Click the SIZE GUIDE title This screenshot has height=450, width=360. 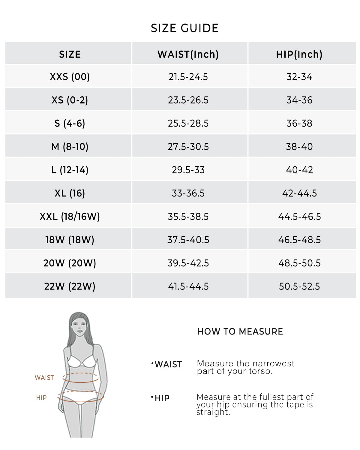pos(184,28)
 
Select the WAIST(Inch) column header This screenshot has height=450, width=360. pos(188,54)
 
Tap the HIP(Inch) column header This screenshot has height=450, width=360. pos(299,54)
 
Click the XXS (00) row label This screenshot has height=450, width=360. pos(70,77)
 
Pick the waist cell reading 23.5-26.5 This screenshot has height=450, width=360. pos(188,100)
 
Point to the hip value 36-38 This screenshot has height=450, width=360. pos(299,123)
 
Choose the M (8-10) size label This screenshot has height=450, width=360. pos(70,147)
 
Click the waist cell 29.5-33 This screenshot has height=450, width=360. pos(188,170)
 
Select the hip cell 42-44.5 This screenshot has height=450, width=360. pos(299,193)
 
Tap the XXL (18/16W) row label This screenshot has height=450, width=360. pos(70,216)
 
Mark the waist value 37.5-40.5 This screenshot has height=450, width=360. pos(188,240)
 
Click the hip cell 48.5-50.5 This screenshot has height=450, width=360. pos(299,263)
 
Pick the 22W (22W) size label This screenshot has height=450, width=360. pos(70,286)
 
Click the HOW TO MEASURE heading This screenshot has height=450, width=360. pos(240,331)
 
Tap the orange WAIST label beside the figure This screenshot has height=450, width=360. pos(44,378)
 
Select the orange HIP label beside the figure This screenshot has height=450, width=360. pos(41,398)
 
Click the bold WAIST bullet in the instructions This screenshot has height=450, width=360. pos(168,364)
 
